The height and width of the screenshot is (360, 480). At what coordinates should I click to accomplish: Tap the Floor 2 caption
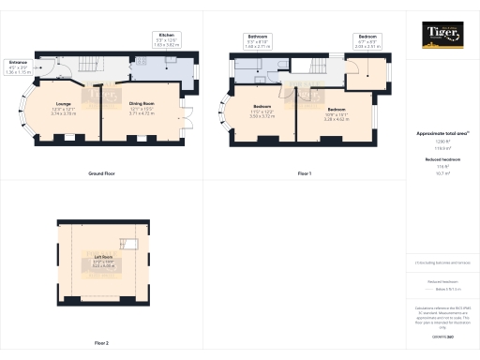point(101,343)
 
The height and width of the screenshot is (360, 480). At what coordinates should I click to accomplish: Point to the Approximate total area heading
point(442,133)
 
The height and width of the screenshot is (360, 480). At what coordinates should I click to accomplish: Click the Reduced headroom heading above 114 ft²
point(442,160)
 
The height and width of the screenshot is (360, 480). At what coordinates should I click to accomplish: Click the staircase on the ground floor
point(89,65)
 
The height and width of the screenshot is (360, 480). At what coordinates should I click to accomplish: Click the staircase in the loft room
point(134,245)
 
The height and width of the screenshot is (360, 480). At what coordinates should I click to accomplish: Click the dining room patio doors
point(187,123)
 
